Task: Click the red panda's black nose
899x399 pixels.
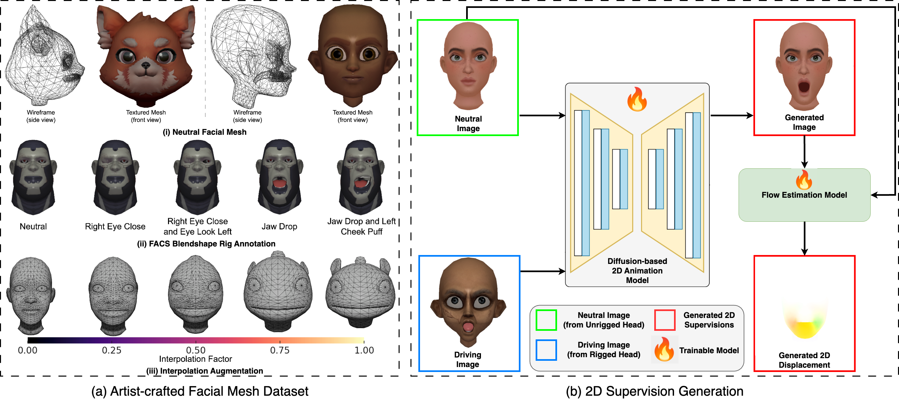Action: point(146,65)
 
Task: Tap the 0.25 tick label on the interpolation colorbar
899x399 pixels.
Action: point(112,350)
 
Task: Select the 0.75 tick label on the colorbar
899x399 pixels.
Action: point(280,350)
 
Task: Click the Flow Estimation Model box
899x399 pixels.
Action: point(804,195)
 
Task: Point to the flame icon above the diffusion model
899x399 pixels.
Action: point(637,99)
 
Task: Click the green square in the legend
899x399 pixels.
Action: point(546,320)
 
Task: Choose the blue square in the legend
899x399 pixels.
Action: point(546,350)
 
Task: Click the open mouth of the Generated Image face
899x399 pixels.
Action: point(804,87)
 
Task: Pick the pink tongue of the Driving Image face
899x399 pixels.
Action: point(468,327)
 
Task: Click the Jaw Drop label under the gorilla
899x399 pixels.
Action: point(279,227)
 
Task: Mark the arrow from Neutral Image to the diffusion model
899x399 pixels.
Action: point(542,115)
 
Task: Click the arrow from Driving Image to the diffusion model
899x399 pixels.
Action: point(543,271)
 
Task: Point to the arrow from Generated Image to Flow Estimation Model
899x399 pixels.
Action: point(804,152)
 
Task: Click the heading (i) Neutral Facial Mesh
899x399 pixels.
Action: point(205,132)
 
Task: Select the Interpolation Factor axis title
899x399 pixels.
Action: point(195,359)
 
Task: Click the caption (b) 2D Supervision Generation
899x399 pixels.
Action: point(654,391)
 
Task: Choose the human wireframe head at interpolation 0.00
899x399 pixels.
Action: point(31,295)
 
